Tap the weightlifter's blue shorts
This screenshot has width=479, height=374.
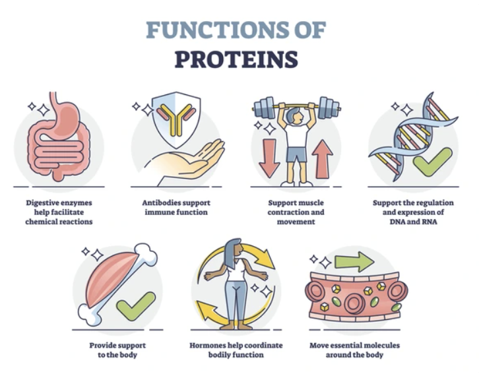point(296,154)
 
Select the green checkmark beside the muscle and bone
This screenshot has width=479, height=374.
point(137,305)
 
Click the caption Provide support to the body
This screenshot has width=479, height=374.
point(117,350)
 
